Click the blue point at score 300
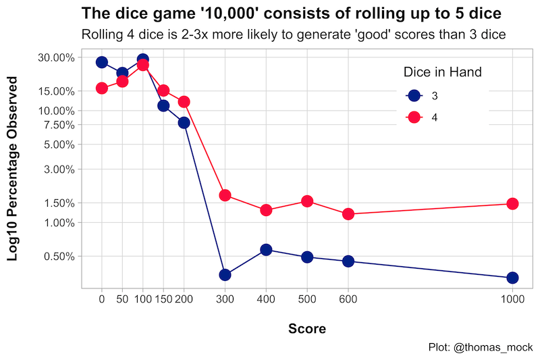[x=225, y=274]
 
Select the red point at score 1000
[x=512, y=204]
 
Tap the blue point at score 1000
[x=512, y=278]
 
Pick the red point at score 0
[x=102, y=88]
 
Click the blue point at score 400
[x=266, y=250]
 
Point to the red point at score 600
[x=348, y=214]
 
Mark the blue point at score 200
[x=184, y=122]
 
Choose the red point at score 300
[x=225, y=195]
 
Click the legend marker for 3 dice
[x=414, y=96]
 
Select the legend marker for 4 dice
[x=414, y=117]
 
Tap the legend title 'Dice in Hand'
[x=441, y=72]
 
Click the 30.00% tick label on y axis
[x=55, y=57]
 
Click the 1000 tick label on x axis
[x=512, y=298]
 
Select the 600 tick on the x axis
[x=348, y=298]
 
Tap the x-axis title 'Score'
[x=307, y=329]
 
